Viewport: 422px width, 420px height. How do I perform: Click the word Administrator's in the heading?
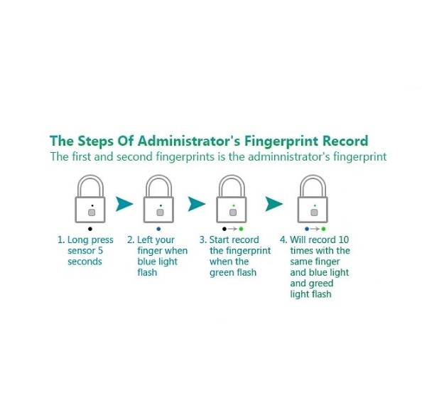(189, 141)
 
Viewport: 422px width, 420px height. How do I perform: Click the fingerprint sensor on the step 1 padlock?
(92, 212)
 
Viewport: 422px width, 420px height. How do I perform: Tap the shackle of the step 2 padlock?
(158, 178)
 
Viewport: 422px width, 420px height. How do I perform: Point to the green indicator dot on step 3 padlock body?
(234, 205)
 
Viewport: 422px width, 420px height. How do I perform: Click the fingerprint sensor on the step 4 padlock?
(314, 212)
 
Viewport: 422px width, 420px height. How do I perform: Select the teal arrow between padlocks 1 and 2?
(124, 204)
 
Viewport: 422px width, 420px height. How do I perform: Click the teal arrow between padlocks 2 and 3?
(196, 204)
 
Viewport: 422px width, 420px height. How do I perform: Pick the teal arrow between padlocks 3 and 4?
(274, 204)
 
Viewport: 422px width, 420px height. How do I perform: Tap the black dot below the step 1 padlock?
(90, 229)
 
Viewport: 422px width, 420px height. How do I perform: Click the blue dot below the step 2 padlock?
(158, 229)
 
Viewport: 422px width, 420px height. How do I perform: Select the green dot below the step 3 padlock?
(241, 229)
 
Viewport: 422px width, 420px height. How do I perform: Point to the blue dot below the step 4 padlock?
(307, 229)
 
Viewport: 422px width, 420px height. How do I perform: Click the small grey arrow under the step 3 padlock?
(232, 229)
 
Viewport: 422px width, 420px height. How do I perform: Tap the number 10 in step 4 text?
(344, 239)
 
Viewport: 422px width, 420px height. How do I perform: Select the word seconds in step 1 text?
(85, 262)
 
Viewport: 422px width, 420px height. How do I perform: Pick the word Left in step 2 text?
(145, 239)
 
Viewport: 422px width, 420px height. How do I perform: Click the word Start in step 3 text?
(219, 239)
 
